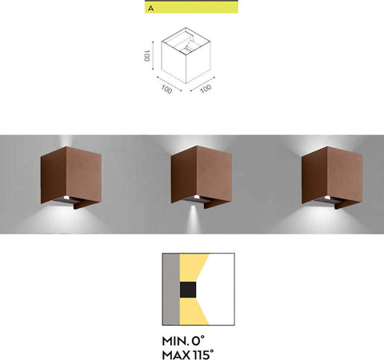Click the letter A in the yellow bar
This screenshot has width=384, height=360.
(150, 8)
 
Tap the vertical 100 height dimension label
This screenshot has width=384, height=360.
(147, 56)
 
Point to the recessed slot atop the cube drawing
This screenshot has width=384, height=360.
(189, 38)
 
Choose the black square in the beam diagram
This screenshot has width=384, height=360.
(187, 289)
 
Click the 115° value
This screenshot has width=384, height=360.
(210, 352)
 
